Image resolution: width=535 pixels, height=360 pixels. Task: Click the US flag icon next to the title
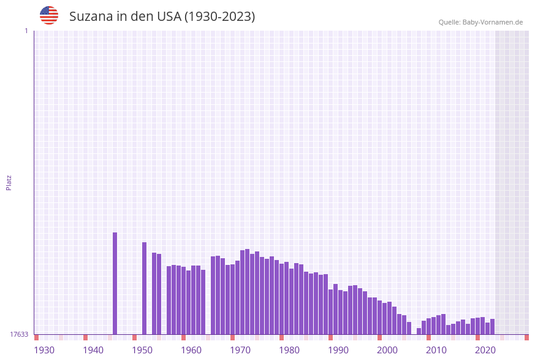click(49, 15)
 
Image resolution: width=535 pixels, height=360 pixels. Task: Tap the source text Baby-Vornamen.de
click(493, 22)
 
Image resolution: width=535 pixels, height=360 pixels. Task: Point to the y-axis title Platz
click(9, 182)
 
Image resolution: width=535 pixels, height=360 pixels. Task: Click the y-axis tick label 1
click(26, 31)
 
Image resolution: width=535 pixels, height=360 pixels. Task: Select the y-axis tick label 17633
click(19, 334)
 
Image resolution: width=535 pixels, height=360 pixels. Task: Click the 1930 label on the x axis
click(44, 350)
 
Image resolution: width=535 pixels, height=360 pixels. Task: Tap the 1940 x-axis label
click(93, 350)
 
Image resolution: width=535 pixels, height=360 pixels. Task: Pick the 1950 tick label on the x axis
click(142, 350)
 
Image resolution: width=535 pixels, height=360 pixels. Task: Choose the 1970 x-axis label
click(240, 350)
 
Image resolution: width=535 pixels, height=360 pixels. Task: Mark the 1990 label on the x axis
click(338, 350)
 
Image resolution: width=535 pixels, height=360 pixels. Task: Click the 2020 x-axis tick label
click(485, 350)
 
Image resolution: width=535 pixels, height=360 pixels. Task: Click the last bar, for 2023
click(492, 327)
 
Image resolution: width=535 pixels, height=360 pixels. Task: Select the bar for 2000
click(380, 317)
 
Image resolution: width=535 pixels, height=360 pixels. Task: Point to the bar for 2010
click(429, 326)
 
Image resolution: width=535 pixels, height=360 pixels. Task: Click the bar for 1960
click(184, 301)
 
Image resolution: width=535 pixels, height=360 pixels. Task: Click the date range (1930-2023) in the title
click(219, 17)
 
